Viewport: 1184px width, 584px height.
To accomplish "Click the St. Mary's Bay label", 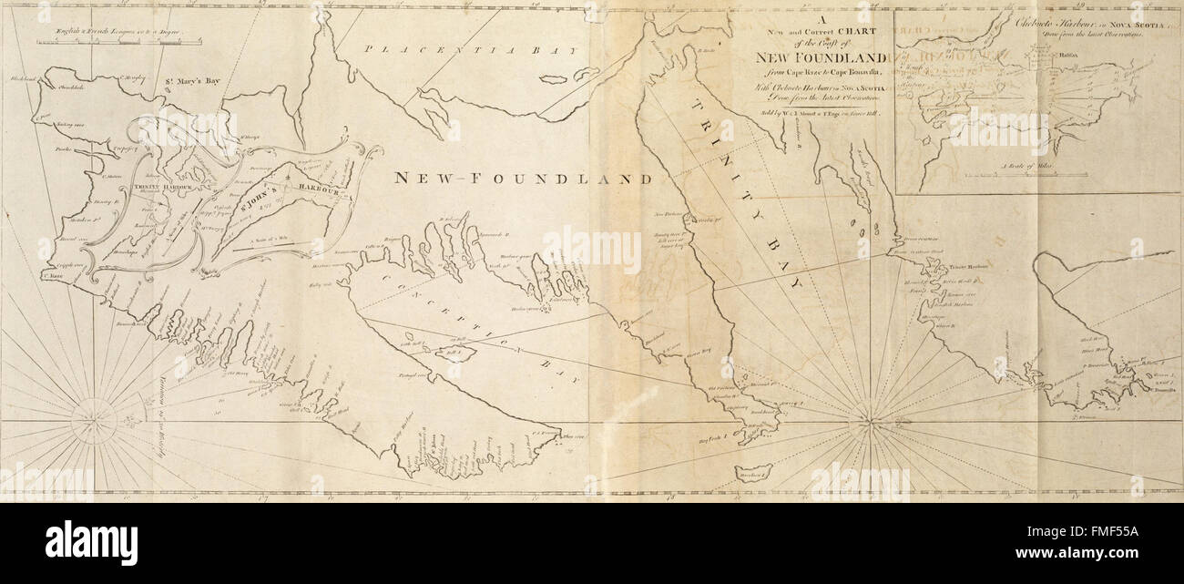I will pos(192,81).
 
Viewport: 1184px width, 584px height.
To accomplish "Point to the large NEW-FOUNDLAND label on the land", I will pos(523,179).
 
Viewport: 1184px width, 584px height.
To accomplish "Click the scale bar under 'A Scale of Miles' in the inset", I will pos(1038,174).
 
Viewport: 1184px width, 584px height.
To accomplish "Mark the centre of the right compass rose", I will pos(872,422).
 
